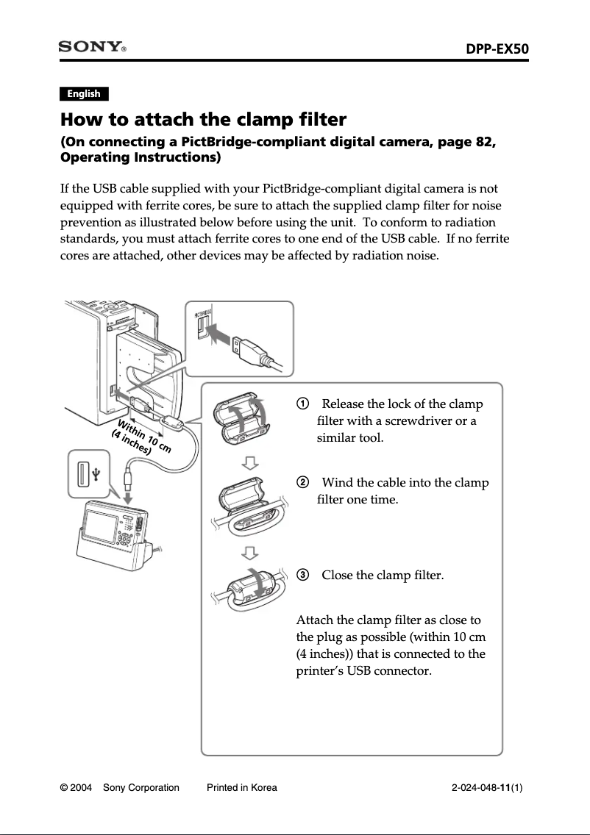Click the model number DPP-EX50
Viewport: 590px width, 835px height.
click(x=497, y=49)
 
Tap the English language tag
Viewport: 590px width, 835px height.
click(x=83, y=93)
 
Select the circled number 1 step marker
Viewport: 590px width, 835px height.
click(x=302, y=404)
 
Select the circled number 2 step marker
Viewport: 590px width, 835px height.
click(x=302, y=483)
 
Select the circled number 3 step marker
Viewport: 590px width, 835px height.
click(x=302, y=575)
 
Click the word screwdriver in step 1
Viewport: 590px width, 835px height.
click(x=412, y=421)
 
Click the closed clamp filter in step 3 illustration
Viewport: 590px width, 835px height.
click(x=252, y=587)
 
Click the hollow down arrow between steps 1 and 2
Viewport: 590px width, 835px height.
click(x=251, y=462)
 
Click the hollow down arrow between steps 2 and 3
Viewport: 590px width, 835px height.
click(x=251, y=552)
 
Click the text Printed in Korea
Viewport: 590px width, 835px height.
click(x=241, y=788)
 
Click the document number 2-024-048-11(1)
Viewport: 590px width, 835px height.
click(x=486, y=788)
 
